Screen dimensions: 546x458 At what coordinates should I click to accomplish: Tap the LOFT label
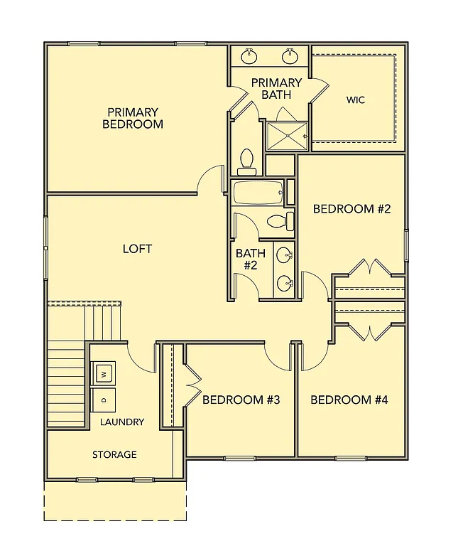click(137, 249)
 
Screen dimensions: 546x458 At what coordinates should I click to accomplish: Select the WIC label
click(355, 100)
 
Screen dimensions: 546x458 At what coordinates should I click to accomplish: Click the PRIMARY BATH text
click(276, 88)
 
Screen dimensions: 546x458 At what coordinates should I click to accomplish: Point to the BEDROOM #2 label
click(352, 209)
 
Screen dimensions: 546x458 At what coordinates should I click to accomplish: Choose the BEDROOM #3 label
click(241, 400)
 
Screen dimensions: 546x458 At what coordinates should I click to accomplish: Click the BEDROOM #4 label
click(349, 400)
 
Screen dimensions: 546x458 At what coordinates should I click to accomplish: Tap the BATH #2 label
click(250, 259)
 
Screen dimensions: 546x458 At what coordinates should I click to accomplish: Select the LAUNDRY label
click(122, 422)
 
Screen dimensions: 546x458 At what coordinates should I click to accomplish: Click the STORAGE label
click(114, 454)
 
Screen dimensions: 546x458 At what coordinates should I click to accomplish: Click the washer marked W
click(104, 373)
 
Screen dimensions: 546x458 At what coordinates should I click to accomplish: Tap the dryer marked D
click(104, 400)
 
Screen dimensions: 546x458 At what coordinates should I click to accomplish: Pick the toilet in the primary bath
click(247, 161)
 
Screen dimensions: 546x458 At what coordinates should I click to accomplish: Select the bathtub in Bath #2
click(258, 193)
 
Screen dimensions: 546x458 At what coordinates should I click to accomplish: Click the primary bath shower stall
click(287, 135)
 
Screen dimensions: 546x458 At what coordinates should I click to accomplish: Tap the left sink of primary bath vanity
click(249, 55)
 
